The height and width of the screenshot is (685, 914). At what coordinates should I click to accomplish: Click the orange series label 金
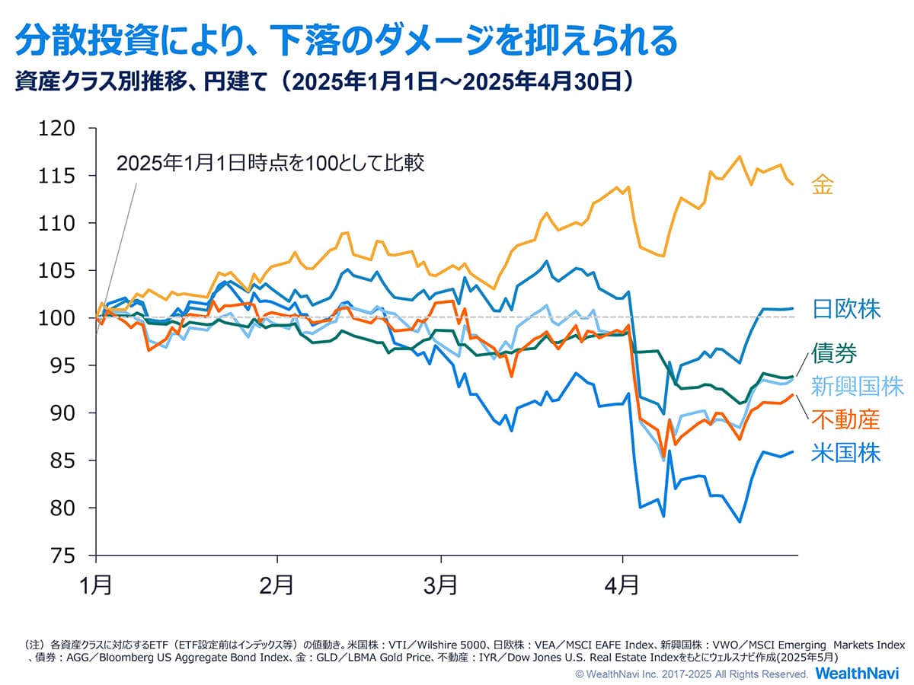[x=823, y=184]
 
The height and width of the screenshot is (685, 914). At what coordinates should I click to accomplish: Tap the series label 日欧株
[x=845, y=309]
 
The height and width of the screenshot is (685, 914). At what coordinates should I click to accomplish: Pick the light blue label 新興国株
[x=857, y=386]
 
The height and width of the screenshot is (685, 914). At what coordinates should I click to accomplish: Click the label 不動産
[x=845, y=419]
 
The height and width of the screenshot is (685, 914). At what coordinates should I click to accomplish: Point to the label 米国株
[x=845, y=454]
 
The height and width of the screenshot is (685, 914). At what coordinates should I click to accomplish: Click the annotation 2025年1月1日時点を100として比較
[x=270, y=164]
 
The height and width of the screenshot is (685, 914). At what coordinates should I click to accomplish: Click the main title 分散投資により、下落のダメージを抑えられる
[x=345, y=40]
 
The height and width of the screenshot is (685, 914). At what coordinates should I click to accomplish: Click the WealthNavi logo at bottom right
[x=857, y=674]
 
